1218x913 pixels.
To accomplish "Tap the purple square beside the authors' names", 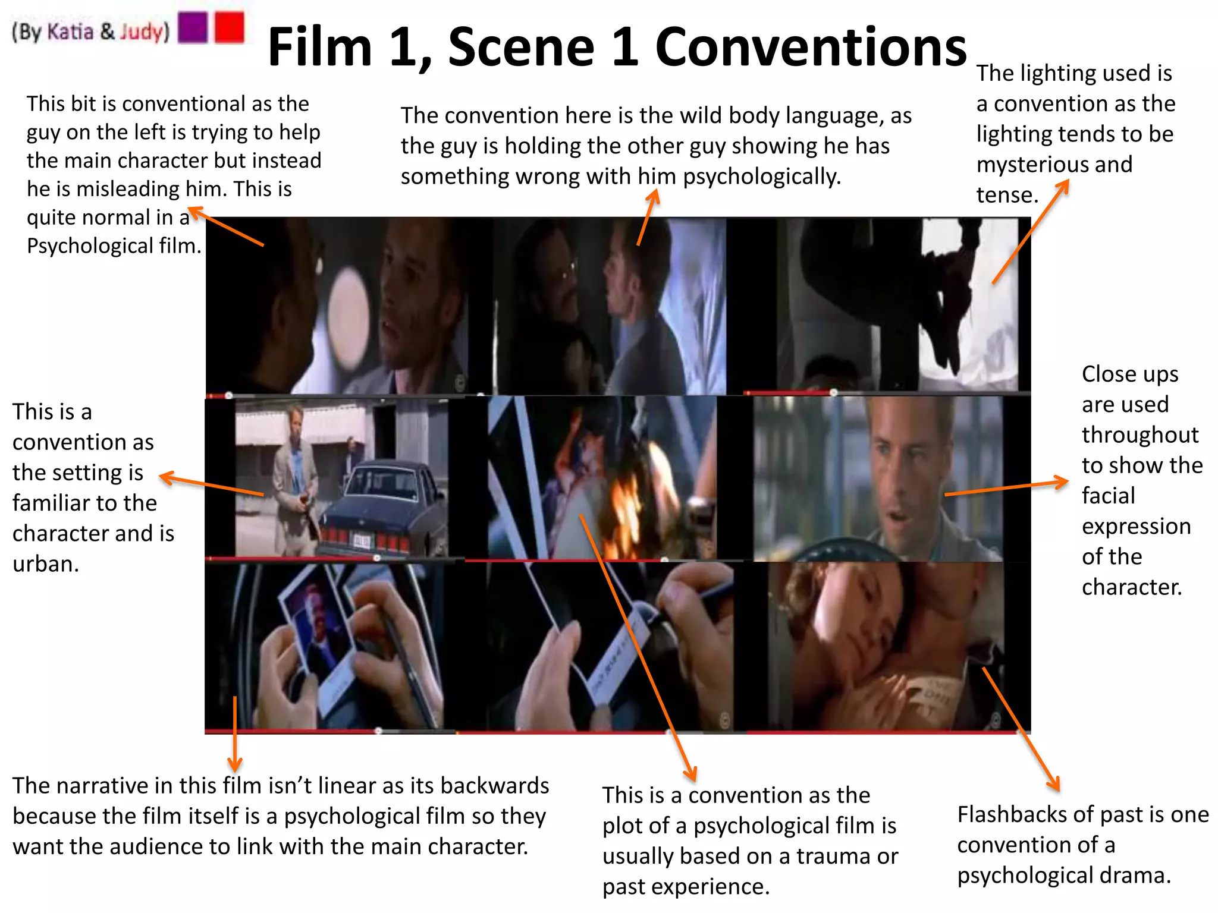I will coord(193,27).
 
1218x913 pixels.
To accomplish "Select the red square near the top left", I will coord(230,27).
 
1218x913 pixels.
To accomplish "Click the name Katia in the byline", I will coord(70,32).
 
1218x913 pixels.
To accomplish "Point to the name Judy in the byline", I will coord(141,32).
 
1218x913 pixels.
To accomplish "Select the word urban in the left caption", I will coord(46,563).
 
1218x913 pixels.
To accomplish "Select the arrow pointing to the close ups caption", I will coord(1005,487).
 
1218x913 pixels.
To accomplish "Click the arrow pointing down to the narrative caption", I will coord(235,734).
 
